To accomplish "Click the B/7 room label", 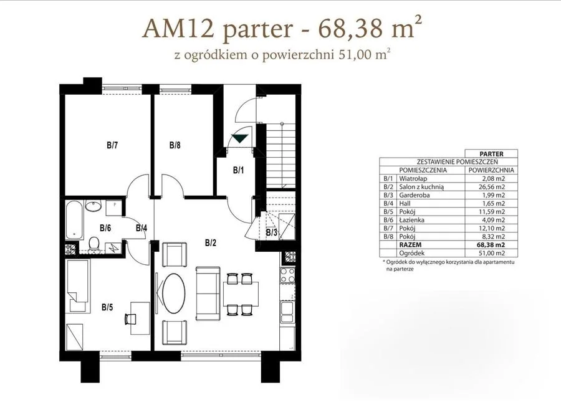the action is (x=112, y=145).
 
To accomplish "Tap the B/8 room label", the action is (x=175, y=145).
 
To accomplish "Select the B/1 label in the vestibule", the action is (x=238, y=170).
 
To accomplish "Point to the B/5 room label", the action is (x=107, y=307).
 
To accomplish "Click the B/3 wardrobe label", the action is (x=272, y=233).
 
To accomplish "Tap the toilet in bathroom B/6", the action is (x=94, y=244).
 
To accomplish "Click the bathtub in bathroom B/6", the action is (x=75, y=220).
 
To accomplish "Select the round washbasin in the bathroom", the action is (x=94, y=206).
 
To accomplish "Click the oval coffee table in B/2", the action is (x=174, y=294).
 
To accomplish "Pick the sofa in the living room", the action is (x=208, y=293).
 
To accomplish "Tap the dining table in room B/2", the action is (x=241, y=294).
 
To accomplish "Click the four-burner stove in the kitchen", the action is (x=287, y=275).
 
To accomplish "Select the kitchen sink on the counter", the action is (x=287, y=312).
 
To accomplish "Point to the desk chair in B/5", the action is (x=131, y=318).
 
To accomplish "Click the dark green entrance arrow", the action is (x=240, y=138).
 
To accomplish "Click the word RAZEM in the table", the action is (x=410, y=245).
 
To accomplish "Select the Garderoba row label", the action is (x=415, y=195).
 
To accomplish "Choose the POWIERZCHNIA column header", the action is (x=491, y=170).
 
